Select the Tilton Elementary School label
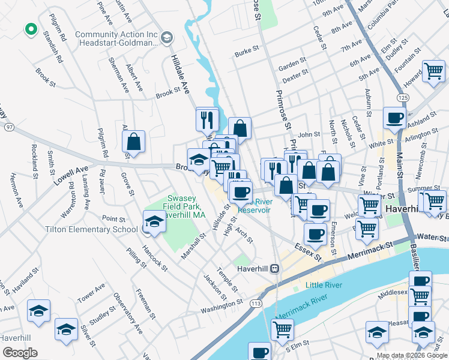pos(92,229)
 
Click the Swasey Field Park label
pos(187,206)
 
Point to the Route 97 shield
pos(9,127)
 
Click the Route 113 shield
pos(256,304)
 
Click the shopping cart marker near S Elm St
pos(282,329)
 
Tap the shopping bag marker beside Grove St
pos(133,142)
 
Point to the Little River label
pos(324,285)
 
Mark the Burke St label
pos(246,53)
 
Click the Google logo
pos(20,353)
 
